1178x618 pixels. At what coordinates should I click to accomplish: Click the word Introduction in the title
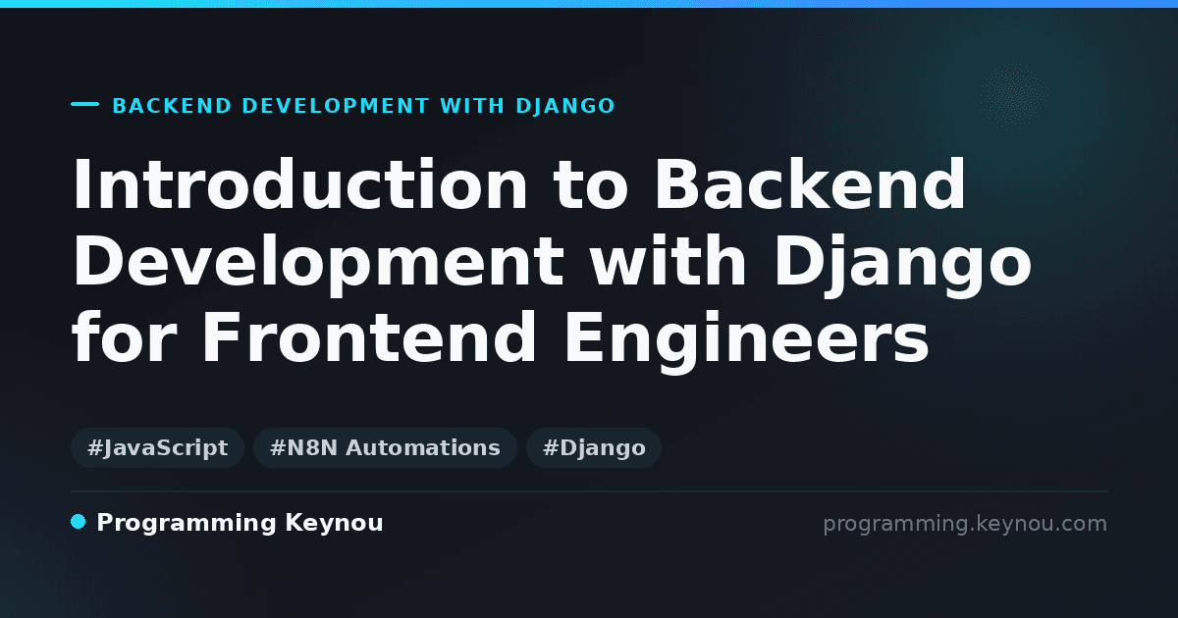click(299, 184)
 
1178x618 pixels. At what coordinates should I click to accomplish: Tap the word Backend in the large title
click(811, 184)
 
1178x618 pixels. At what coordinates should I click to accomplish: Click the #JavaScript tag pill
click(157, 447)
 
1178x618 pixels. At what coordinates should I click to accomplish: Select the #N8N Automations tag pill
click(385, 447)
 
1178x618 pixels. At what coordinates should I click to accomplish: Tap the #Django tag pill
click(594, 447)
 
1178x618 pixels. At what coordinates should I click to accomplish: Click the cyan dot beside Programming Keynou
click(78, 522)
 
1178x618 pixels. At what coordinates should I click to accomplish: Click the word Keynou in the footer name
click(334, 524)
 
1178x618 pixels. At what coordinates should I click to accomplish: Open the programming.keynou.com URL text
click(965, 524)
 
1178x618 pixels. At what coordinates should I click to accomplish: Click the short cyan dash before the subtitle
click(84, 104)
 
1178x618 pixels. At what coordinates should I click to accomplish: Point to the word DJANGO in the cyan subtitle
click(565, 106)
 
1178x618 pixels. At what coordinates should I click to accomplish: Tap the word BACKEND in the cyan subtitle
click(172, 106)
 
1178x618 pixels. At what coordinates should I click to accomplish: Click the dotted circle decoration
click(1013, 96)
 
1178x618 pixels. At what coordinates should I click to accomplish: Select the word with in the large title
click(668, 261)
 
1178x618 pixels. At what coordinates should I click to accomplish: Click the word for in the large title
click(125, 336)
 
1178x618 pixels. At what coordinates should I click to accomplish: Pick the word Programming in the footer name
click(187, 524)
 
